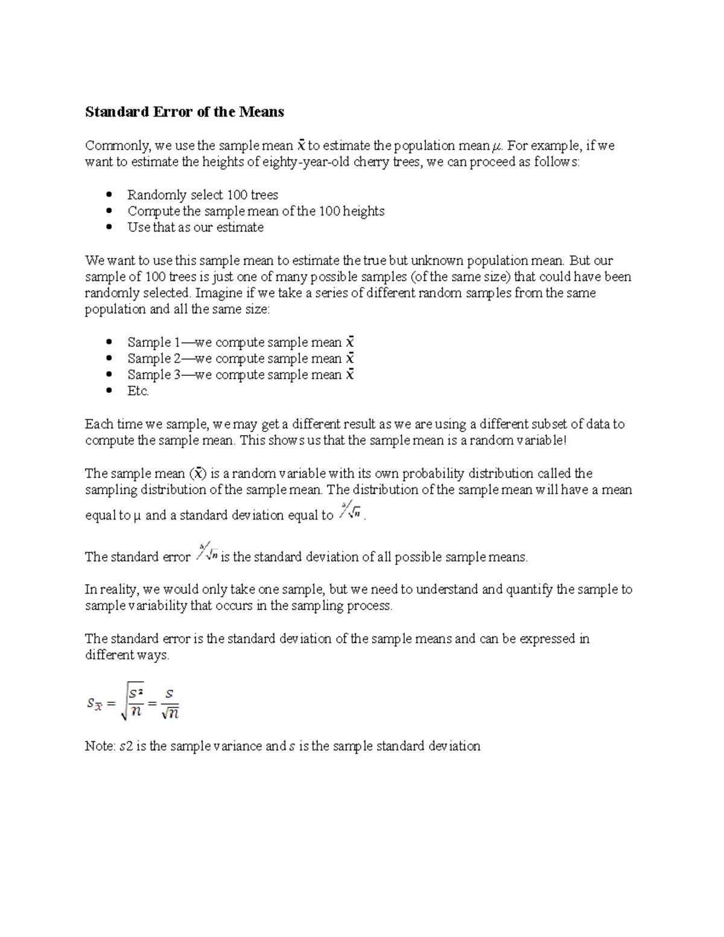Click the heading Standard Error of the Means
click(x=184, y=112)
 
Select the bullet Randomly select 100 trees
click(x=203, y=195)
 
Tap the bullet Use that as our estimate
click(x=195, y=227)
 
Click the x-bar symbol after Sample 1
click(x=349, y=342)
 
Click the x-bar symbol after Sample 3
click(x=349, y=375)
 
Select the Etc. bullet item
click(x=138, y=391)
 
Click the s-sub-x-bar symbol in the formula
click(x=94, y=704)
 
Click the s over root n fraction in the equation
click(x=170, y=704)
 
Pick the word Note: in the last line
click(x=100, y=746)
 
